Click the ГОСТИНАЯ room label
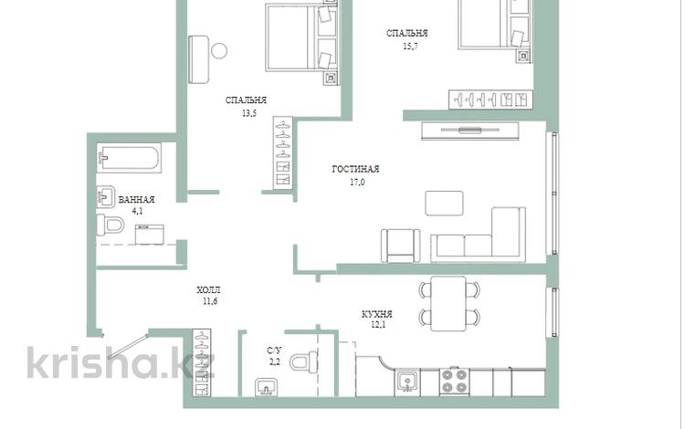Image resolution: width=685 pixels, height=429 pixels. click(x=355, y=169)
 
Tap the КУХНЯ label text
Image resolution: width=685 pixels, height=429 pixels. click(x=377, y=314)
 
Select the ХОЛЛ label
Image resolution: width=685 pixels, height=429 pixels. click(x=208, y=290)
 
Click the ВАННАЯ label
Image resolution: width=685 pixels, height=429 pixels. click(x=137, y=200)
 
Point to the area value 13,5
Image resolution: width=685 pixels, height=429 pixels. click(x=249, y=113)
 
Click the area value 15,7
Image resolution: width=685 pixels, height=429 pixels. click(x=410, y=46)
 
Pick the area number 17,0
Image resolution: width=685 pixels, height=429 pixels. click(x=357, y=183)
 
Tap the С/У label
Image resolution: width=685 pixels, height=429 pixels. click(x=274, y=351)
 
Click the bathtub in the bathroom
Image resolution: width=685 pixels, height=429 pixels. click(x=129, y=158)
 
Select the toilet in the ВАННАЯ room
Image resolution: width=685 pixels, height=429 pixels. click(x=111, y=225)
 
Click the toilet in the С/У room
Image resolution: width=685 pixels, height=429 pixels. click(x=303, y=362)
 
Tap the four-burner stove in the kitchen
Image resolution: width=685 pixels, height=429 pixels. click(x=454, y=382)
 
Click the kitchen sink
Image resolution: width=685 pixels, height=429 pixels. click(x=408, y=382)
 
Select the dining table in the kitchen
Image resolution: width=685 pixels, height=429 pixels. click(x=448, y=304)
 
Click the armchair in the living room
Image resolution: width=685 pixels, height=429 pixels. click(x=401, y=246)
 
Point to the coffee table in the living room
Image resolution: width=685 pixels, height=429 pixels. click(x=444, y=204)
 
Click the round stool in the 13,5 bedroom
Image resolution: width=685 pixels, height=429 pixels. click(x=219, y=50)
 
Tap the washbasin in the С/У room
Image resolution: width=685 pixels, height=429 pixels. click(x=267, y=387)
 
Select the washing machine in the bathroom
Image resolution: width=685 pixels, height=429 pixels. click(x=150, y=235)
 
